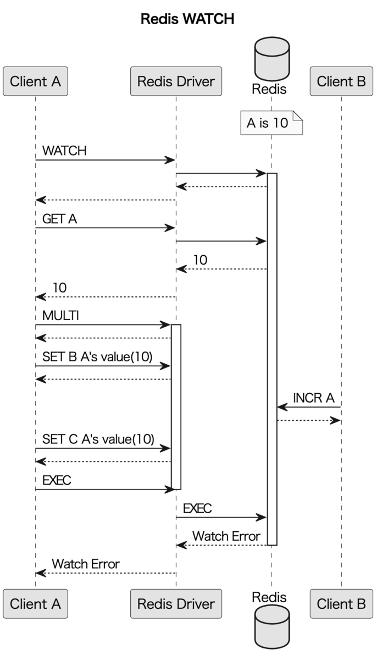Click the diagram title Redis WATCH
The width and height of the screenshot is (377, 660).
[x=187, y=19]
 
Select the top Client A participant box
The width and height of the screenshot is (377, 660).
[x=35, y=81]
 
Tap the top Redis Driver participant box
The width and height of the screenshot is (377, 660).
[x=176, y=81]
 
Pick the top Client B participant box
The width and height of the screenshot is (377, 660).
[x=341, y=81]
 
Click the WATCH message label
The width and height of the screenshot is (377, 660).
[x=64, y=151]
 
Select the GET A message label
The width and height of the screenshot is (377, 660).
[x=59, y=219]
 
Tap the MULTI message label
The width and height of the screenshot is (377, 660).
[x=60, y=316]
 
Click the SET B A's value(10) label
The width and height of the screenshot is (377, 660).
[x=97, y=356]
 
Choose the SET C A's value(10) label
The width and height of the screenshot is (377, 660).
[x=98, y=439]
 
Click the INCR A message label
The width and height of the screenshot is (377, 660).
[x=313, y=398]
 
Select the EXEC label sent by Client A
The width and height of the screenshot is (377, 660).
[x=57, y=480]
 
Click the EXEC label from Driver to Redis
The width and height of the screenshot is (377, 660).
[x=197, y=508]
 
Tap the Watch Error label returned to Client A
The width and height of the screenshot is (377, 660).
[x=86, y=564]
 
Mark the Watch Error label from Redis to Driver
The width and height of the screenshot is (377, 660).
[x=226, y=536]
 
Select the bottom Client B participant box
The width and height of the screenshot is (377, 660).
[x=341, y=603]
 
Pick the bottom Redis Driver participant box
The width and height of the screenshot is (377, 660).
[x=176, y=603]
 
